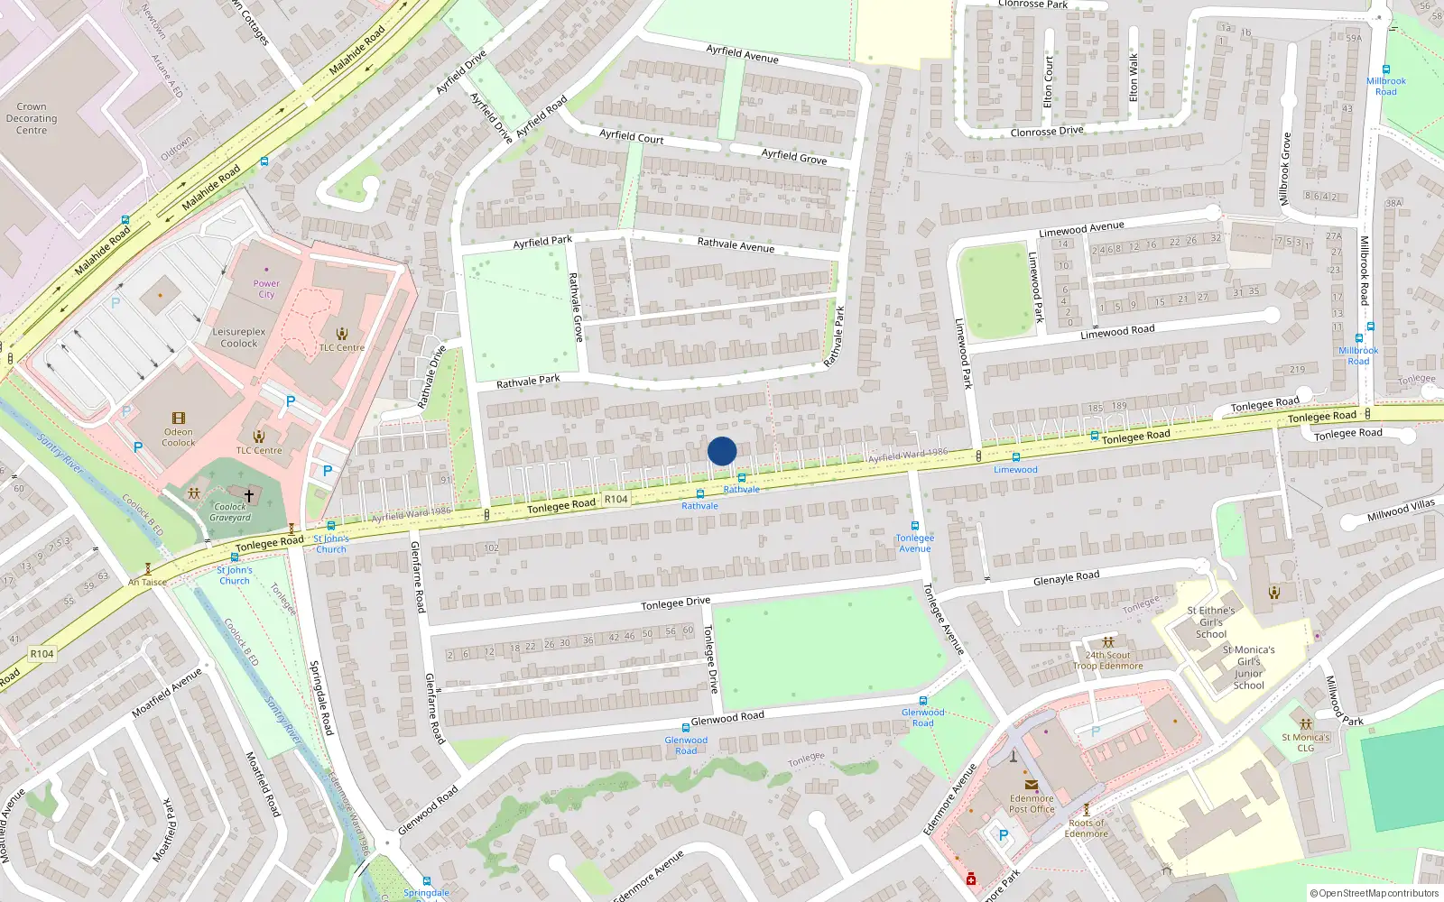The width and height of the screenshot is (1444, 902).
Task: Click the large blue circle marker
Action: point(722,451)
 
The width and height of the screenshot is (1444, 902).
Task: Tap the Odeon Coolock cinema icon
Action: point(179,419)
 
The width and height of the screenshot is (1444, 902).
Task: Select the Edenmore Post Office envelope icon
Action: point(1032,785)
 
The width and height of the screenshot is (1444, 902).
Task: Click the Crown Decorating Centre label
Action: point(32,118)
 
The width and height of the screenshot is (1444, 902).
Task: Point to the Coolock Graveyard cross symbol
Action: point(249,496)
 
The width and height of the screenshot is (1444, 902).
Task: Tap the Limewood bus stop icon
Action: point(1015,457)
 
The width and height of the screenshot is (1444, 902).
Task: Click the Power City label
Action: point(266,289)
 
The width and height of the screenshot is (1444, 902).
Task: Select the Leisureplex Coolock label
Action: point(239,337)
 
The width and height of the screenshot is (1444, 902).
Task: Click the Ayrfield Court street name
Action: point(632,136)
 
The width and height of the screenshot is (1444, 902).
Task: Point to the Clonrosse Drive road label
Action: point(1047,132)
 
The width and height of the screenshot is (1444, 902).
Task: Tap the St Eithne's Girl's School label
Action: point(1211,622)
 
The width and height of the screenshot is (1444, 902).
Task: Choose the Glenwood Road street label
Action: point(727,717)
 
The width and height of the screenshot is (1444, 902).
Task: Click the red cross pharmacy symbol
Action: point(971,879)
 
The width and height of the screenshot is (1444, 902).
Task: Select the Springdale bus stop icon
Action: point(426,881)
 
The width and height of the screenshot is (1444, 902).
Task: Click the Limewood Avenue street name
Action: point(1081,229)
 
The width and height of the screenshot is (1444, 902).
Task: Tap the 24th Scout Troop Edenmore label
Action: point(1108,661)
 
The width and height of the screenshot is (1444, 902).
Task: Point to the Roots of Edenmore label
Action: point(1087,828)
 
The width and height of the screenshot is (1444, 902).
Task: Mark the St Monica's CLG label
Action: point(1306,742)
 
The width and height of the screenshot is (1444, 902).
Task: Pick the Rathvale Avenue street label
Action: point(736,244)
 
